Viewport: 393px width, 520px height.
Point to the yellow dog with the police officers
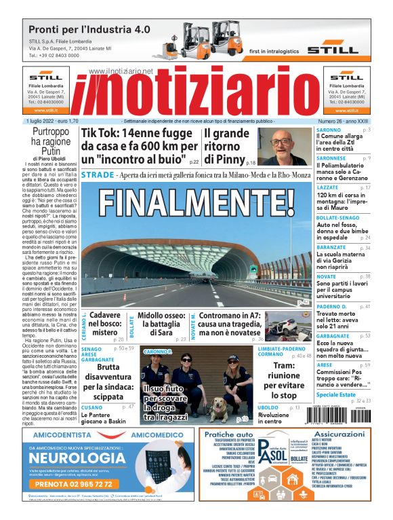(x=221, y=409)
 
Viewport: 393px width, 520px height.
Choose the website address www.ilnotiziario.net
(x=121, y=71)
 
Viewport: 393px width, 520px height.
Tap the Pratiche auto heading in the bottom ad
(x=228, y=434)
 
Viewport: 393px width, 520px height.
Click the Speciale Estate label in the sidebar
(x=335, y=394)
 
